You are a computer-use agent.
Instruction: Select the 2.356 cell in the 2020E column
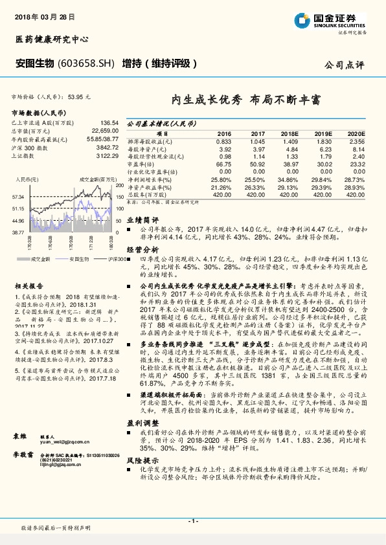357,140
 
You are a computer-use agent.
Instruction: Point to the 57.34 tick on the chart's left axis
18,196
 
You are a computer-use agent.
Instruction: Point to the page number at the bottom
192,521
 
